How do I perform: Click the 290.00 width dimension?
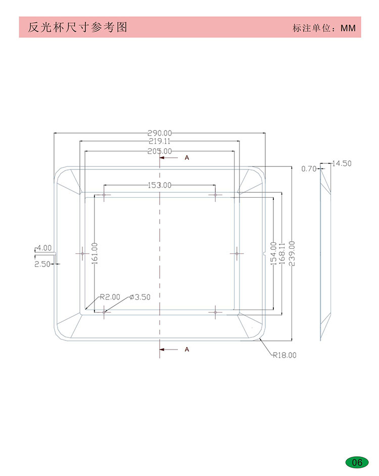(160, 133)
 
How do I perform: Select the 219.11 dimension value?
(160, 141)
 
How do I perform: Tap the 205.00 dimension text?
(160, 151)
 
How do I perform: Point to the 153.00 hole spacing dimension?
(160, 185)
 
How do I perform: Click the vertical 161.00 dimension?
(94, 253)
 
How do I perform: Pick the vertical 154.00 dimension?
(273, 253)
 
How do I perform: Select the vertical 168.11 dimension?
(282, 253)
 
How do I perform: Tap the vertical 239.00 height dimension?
(292, 253)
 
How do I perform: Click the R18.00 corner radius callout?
(285, 355)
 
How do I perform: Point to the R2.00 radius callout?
(110, 297)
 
